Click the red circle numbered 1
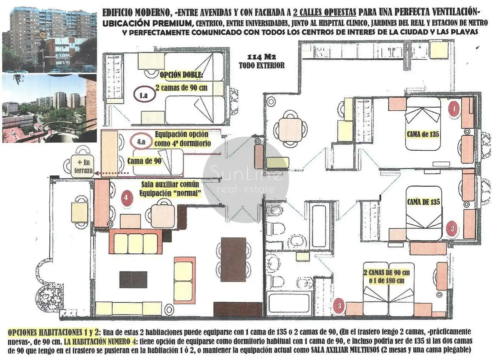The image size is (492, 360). tap(454, 109)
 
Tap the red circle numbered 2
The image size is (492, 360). tap(452, 229)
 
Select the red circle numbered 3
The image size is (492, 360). tap(339, 306)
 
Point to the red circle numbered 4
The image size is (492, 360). tap(126, 198)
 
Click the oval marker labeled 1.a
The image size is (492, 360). tap(144, 95)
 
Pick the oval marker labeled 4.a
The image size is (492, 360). tap(141, 142)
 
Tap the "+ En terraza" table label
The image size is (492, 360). tap(84, 166)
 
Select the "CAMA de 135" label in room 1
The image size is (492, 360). tap(423, 134)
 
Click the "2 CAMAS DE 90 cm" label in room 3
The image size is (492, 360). tap(386, 273)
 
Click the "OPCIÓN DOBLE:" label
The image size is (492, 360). tap(181, 75)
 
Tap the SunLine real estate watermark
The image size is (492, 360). tap(246, 180)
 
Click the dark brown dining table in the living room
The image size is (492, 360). tap(233, 259)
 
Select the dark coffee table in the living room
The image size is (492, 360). tap(133, 280)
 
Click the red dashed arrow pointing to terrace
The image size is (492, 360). tap(111, 173)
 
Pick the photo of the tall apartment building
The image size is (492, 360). tap(49, 40)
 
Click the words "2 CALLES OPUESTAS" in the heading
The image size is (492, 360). tap(324, 13)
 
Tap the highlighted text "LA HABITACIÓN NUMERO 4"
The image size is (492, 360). tap(100, 342)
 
